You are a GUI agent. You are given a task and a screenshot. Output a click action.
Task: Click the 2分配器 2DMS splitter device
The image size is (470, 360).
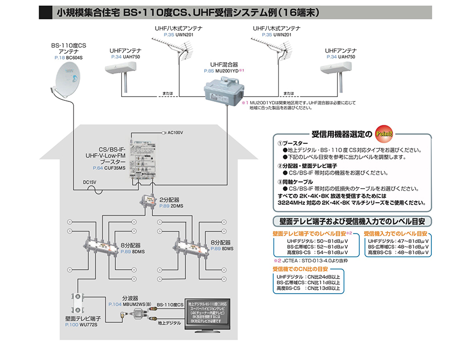[148, 202]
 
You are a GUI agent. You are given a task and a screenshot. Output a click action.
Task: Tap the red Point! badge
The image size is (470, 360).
[384, 133]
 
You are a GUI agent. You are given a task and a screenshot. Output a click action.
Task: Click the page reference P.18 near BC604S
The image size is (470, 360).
[59, 57]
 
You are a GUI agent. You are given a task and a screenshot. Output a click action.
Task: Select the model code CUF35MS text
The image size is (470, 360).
[114, 168]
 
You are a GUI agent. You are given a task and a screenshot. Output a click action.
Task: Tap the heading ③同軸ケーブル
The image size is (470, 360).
[298, 180]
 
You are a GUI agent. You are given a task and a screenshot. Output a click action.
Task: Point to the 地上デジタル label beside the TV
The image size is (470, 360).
[169, 324]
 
